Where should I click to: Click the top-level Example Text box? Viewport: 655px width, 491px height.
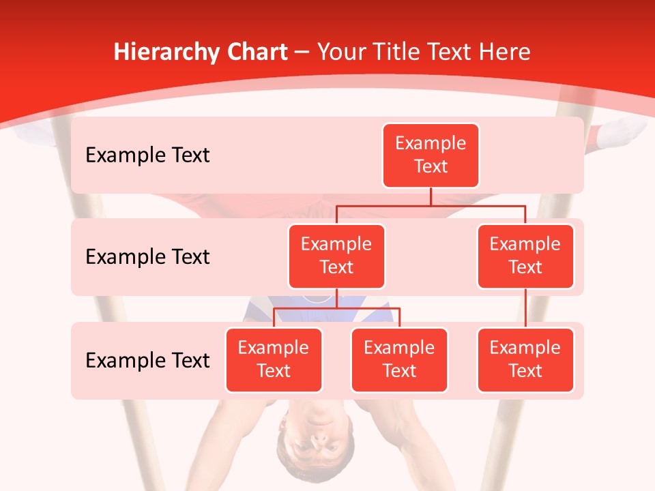[x=431, y=155]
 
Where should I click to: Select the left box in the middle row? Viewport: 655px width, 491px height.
[x=336, y=256]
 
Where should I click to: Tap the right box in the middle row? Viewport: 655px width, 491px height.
[x=525, y=256]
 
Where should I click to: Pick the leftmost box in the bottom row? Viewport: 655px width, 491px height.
[x=274, y=359]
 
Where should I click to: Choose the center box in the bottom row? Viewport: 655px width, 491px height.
[x=399, y=359]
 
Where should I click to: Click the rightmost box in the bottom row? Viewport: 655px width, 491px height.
[x=525, y=359]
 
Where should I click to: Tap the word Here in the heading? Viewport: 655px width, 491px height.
[x=504, y=52]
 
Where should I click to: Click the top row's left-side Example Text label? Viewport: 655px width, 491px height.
[x=147, y=155]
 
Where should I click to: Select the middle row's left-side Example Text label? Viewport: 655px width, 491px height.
[x=147, y=257]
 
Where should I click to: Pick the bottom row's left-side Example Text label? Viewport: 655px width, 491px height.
[x=147, y=360]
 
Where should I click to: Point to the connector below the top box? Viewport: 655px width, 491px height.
[x=431, y=196]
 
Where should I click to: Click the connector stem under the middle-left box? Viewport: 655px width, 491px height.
[x=336, y=298]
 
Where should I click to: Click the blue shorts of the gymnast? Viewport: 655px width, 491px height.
[x=368, y=311]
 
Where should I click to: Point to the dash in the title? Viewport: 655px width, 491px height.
[x=302, y=53]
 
